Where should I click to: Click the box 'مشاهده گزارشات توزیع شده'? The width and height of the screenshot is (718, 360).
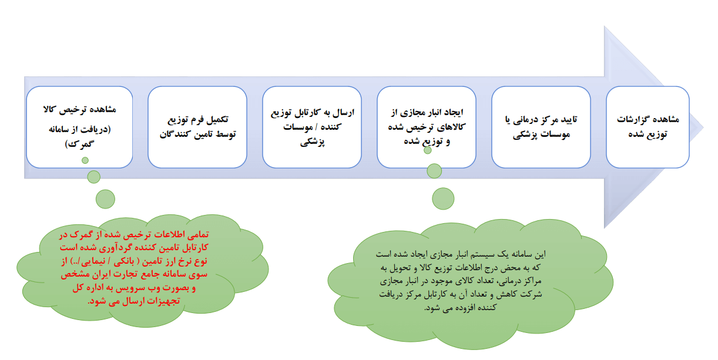[x=647, y=126]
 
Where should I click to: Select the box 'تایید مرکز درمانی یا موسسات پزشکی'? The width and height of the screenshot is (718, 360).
[x=541, y=126]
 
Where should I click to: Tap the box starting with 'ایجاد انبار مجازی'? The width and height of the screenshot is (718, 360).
[x=427, y=126]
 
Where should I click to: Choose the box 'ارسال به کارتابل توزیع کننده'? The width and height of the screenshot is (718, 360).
[x=312, y=126]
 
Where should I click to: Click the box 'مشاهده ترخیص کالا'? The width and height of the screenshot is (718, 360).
[x=79, y=126]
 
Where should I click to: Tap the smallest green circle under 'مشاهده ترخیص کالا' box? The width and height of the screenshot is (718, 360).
[x=85, y=160]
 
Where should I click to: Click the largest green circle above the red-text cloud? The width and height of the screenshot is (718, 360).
[x=105, y=199]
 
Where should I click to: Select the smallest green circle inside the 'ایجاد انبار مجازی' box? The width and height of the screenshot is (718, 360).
[x=428, y=150]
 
